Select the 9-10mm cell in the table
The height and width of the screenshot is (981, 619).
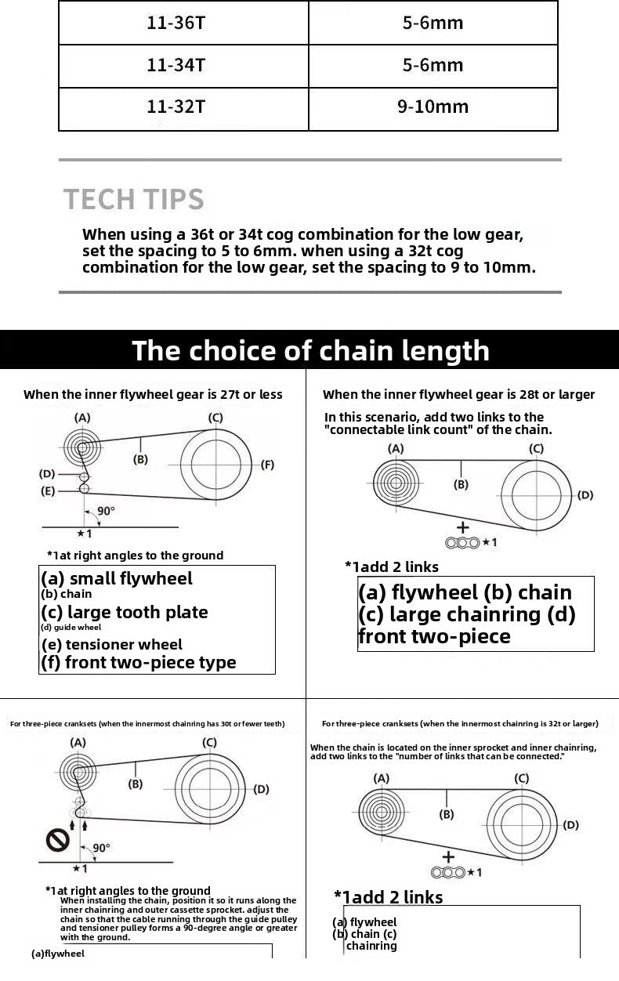pos(433,107)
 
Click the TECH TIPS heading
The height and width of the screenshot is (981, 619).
pos(134,199)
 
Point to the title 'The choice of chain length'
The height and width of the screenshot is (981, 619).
pos(310,350)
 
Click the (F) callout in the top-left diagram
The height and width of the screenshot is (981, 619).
pos(267,465)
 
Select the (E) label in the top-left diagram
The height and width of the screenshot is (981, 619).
pos(48,491)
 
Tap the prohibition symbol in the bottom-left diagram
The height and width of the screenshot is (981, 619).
pos(57,841)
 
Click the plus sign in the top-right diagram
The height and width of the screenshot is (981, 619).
pos(462,527)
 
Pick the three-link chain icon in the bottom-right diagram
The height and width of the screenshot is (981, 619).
pos(447,873)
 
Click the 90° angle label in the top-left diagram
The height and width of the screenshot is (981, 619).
pos(106,511)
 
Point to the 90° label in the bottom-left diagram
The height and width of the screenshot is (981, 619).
pos(101,848)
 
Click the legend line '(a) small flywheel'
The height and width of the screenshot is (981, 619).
pos(117,578)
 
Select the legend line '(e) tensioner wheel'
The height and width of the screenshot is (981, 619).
pos(112,645)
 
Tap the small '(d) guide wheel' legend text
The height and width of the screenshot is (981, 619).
pos(71,627)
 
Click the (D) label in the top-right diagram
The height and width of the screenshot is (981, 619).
pos(585,495)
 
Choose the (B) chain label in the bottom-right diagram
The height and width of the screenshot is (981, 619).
pos(447,815)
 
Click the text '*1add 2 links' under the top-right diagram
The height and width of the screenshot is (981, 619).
pos(392,567)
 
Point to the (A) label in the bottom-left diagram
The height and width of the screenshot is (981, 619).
pos(78,742)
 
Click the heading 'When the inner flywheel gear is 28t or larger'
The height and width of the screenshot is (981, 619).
pos(458,395)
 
